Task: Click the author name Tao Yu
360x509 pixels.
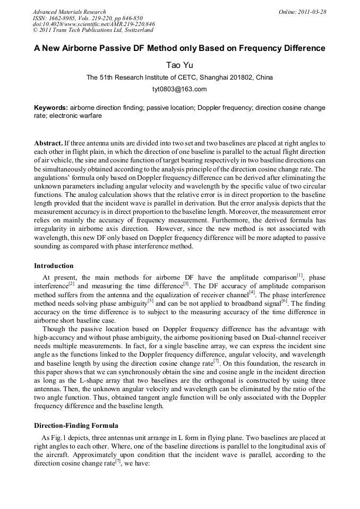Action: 179,65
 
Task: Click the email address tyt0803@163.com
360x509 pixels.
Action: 179,89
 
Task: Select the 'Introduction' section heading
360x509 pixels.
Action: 54,265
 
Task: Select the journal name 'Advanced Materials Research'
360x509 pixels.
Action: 69,12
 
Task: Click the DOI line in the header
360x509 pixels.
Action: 93,24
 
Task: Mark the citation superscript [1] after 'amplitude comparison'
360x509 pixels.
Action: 300,275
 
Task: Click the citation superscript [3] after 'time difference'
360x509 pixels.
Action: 186,283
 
